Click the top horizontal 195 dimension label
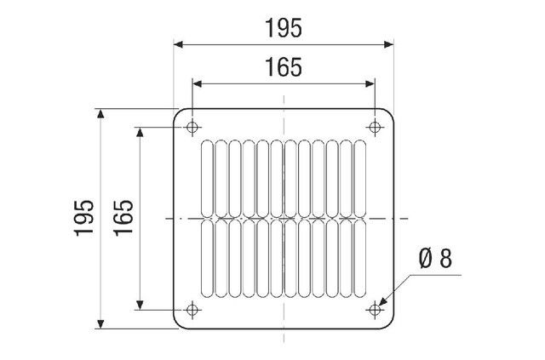click(284, 28)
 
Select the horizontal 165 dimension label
click(284, 67)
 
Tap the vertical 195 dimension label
click(84, 218)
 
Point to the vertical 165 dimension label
click(123, 218)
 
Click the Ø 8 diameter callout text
click(435, 259)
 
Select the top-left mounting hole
click(192, 127)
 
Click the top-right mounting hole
click(375, 127)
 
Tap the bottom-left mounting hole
click(192, 310)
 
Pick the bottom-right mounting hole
click(375, 310)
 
